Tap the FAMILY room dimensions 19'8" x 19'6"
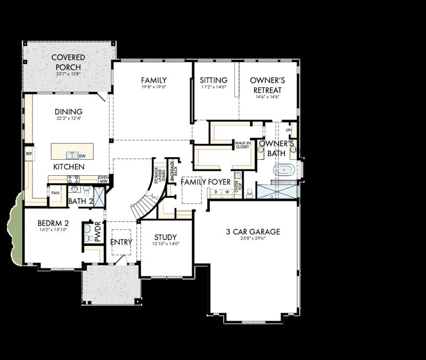click(154, 87)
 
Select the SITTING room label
click(214, 80)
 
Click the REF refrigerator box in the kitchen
click(29, 153)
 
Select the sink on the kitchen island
click(72, 155)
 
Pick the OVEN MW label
click(103, 180)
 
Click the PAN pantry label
click(55, 192)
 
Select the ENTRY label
click(121, 242)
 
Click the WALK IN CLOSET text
click(242, 145)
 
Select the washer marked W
click(226, 191)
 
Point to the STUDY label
click(166, 238)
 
